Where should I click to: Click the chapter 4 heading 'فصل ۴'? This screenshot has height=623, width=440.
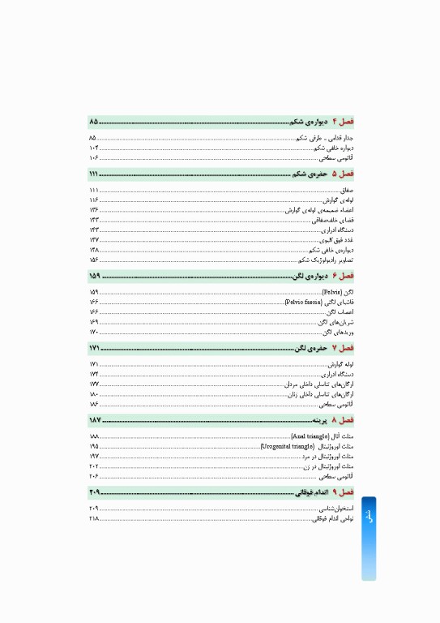(x=344, y=122)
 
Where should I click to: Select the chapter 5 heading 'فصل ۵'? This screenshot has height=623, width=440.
(x=344, y=174)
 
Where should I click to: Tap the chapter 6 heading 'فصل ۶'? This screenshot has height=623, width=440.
(x=344, y=277)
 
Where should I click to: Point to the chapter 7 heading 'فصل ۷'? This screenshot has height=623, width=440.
(x=344, y=348)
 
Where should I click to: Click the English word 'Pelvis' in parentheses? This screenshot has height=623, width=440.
(x=331, y=292)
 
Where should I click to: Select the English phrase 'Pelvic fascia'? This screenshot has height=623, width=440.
(x=304, y=302)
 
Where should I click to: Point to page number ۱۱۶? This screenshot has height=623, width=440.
(x=94, y=200)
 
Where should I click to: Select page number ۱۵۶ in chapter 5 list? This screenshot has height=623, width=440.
(x=94, y=260)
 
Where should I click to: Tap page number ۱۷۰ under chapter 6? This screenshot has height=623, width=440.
(x=94, y=332)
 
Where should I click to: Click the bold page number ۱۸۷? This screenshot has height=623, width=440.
(x=95, y=420)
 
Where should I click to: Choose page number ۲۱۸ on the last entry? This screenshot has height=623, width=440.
(x=94, y=518)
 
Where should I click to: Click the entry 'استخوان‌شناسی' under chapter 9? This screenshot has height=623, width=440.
(x=335, y=508)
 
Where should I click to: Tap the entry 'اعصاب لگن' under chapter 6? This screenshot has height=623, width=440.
(x=340, y=312)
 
